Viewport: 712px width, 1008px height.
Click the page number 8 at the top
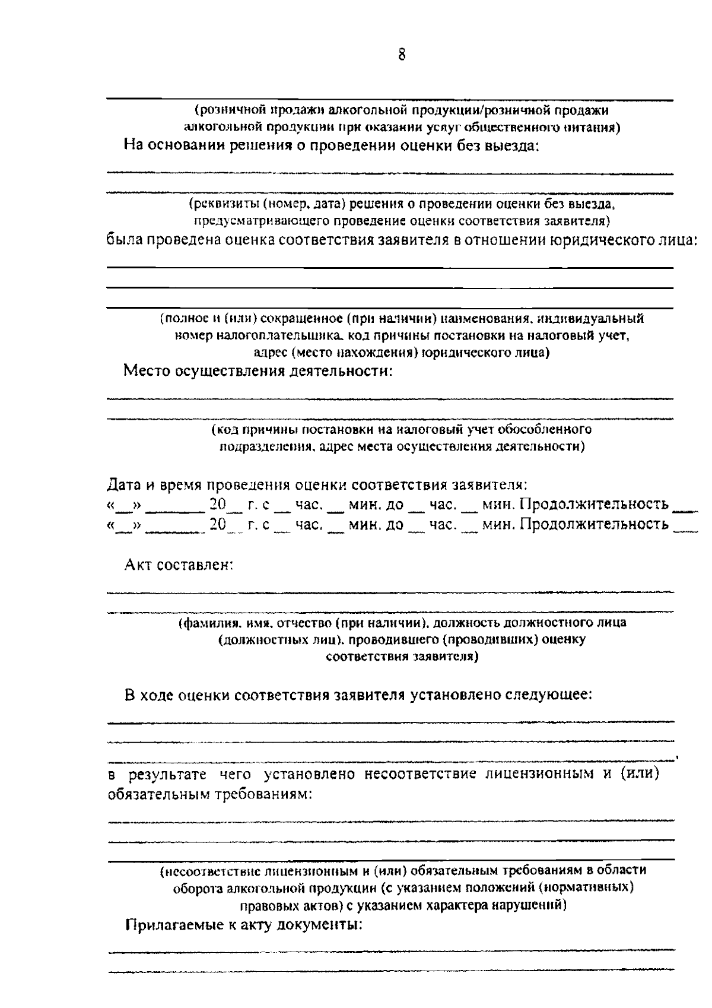click(402, 55)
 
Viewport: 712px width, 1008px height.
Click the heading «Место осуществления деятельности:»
click(258, 372)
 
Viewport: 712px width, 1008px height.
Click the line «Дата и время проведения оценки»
click(317, 484)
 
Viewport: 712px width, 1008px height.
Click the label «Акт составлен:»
click(179, 565)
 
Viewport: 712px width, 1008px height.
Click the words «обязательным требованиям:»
click(210, 794)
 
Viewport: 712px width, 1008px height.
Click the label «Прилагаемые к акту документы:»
click(243, 925)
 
